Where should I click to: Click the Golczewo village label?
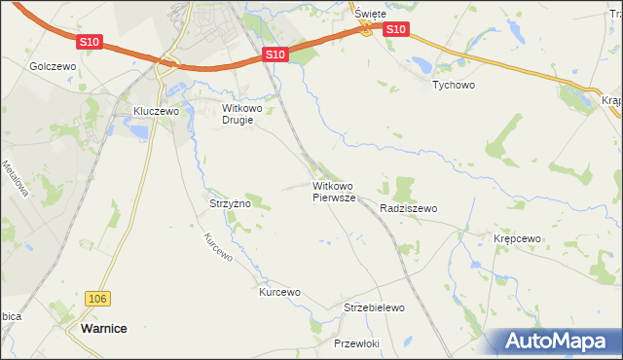point(53,66)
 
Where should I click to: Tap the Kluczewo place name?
point(157,112)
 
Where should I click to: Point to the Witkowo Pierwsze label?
point(334,191)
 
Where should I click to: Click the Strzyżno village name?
point(231,203)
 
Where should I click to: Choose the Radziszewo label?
point(409,208)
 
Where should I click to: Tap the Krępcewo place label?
point(517,238)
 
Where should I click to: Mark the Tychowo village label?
point(453,85)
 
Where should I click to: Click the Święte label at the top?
point(371,14)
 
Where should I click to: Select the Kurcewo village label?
point(279,292)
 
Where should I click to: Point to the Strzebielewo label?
point(374,307)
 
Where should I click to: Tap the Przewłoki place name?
point(355,343)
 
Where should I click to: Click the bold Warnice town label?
point(101,329)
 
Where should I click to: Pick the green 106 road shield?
point(94,299)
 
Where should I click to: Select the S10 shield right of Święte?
point(395,30)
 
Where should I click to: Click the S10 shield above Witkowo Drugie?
point(275,55)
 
